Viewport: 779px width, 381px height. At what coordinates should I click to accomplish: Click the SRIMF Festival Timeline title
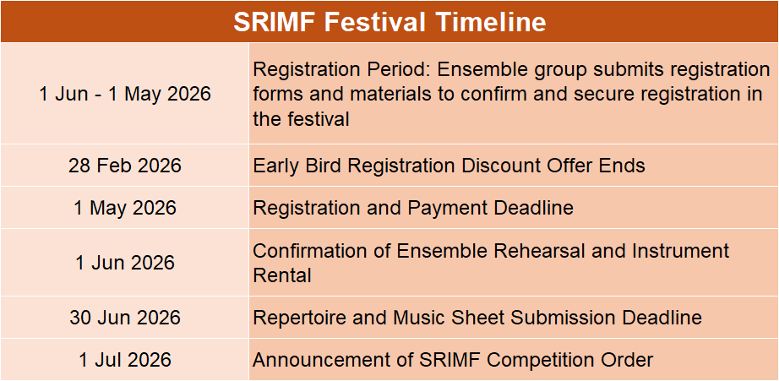(389, 22)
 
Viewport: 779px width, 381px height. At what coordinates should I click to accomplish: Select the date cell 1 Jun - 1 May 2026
(125, 94)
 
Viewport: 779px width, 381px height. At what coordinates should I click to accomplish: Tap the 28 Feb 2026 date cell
(125, 166)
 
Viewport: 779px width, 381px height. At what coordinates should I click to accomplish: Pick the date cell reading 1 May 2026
(125, 208)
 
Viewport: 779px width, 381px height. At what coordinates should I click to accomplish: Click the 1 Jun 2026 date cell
(125, 262)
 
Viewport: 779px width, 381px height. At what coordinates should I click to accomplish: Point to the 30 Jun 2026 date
(125, 318)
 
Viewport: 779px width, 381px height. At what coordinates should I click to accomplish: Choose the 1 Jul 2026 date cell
(125, 360)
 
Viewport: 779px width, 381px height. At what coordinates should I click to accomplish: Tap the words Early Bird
(297, 166)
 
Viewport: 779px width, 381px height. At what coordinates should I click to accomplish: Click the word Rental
(282, 275)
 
